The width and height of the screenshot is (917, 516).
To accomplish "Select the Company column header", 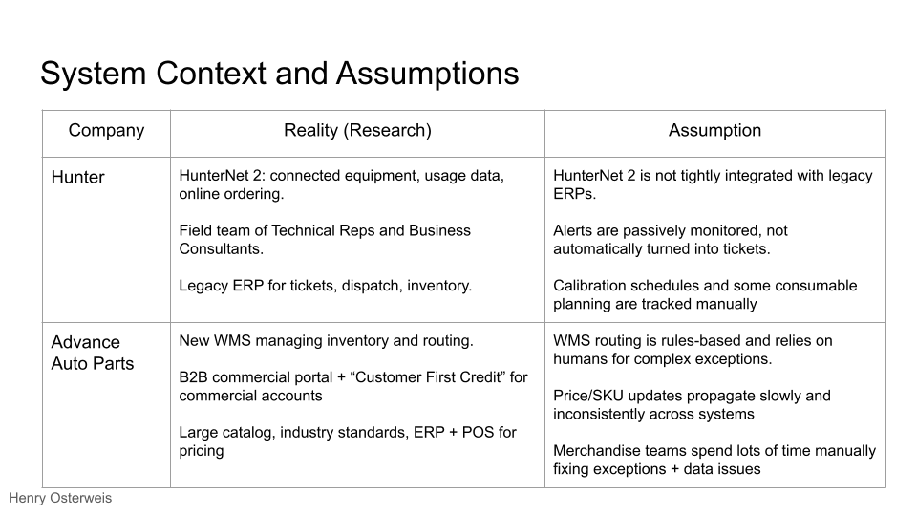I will [106, 131].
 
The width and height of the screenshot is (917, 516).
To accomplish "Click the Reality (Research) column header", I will [357, 131].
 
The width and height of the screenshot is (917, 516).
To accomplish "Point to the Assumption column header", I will [714, 131].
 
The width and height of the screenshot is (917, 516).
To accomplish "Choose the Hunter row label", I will [77, 177].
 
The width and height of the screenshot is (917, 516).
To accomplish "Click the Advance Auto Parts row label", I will [92, 353].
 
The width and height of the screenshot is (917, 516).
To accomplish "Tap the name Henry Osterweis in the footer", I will [60, 499].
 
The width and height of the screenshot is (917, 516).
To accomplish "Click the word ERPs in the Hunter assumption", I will [577, 194].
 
